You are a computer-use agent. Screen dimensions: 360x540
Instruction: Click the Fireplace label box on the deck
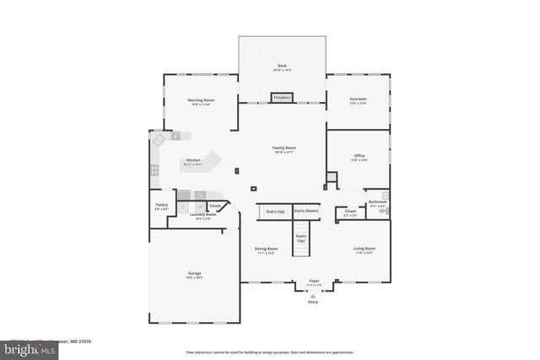(282, 97)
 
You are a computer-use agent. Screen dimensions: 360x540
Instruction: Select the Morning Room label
(202, 99)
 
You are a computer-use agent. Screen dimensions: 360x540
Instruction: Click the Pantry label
(161, 205)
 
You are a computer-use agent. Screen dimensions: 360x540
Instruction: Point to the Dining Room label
(267, 249)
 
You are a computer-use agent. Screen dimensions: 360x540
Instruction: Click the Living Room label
(364, 249)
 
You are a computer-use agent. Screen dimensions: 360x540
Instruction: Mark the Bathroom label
(377, 201)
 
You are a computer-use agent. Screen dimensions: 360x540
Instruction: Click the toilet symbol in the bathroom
(385, 212)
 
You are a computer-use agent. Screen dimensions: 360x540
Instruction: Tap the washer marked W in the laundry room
(199, 205)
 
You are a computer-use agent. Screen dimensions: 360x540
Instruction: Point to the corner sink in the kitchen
(156, 139)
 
